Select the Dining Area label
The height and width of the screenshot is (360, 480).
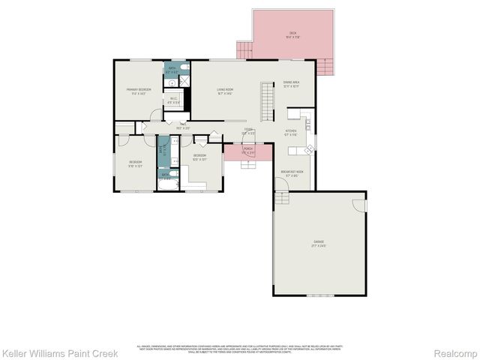291,84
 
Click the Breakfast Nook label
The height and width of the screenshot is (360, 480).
292,172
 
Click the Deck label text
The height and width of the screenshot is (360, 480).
292,34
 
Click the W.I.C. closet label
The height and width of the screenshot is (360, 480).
173,99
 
